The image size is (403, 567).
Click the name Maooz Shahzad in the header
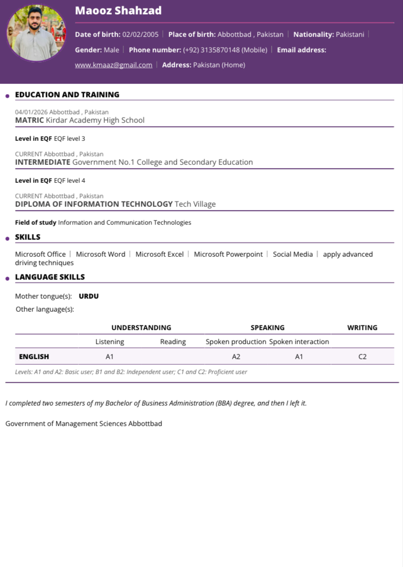[118, 10]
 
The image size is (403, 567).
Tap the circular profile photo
[36, 33]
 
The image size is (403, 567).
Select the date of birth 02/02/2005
[140, 34]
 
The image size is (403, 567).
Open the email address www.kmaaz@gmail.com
[113, 65]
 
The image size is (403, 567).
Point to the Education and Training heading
[67, 94]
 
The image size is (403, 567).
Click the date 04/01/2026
[31, 112]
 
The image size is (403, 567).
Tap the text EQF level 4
[69, 180]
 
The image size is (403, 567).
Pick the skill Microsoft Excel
[159, 254]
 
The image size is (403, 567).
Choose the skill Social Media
[293, 254]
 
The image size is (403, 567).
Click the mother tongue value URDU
[89, 296]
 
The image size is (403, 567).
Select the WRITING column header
[362, 328]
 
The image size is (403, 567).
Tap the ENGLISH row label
[34, 357]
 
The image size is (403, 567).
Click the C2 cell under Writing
[362, 357]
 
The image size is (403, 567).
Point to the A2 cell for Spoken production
[236, 357]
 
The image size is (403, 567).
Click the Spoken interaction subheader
[299, 342]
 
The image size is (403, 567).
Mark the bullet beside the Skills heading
[7, 238]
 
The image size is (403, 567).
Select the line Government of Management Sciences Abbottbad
[84, 424]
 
